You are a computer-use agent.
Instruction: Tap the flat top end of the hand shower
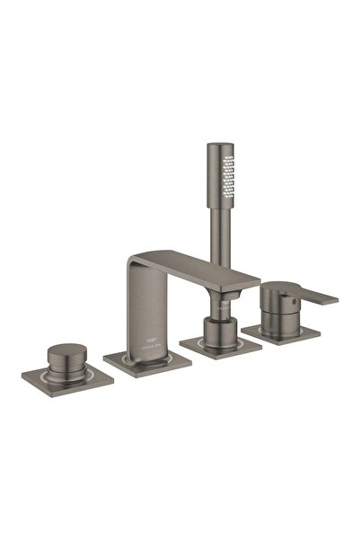pyautogui.click(x=219, y=145)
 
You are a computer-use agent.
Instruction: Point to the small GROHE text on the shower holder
pyautogui.click(x=222, y=304)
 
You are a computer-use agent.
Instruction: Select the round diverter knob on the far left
pyautogui.click(x=67, y=353)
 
